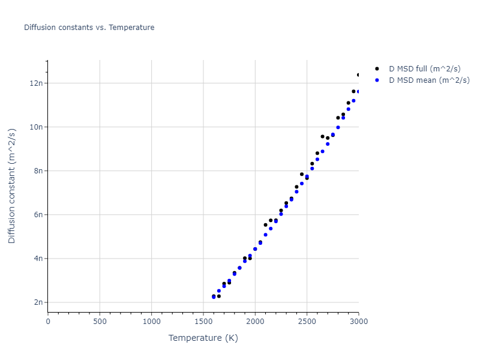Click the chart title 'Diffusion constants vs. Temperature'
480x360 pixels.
(89, 28)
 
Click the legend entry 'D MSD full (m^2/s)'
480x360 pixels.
(425, 69)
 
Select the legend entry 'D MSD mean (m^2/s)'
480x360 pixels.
(429, 80)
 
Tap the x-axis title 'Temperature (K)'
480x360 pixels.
(203, 338)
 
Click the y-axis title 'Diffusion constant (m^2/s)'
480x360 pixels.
(12, 186)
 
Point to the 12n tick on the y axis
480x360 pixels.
(36, 83)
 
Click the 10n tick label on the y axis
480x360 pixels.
(36, 127)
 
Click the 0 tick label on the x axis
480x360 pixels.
(48, 322)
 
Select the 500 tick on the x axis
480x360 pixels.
(100, 322)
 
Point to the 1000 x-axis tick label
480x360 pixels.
(152, 322)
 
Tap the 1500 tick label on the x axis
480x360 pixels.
(203, 322)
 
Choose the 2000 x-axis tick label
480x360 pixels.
(255, 322)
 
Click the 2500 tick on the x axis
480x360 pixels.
(307, 322)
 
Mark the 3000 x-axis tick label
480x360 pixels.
(358, 322)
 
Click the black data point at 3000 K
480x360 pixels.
(359, 75)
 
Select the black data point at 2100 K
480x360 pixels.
(266, 225)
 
